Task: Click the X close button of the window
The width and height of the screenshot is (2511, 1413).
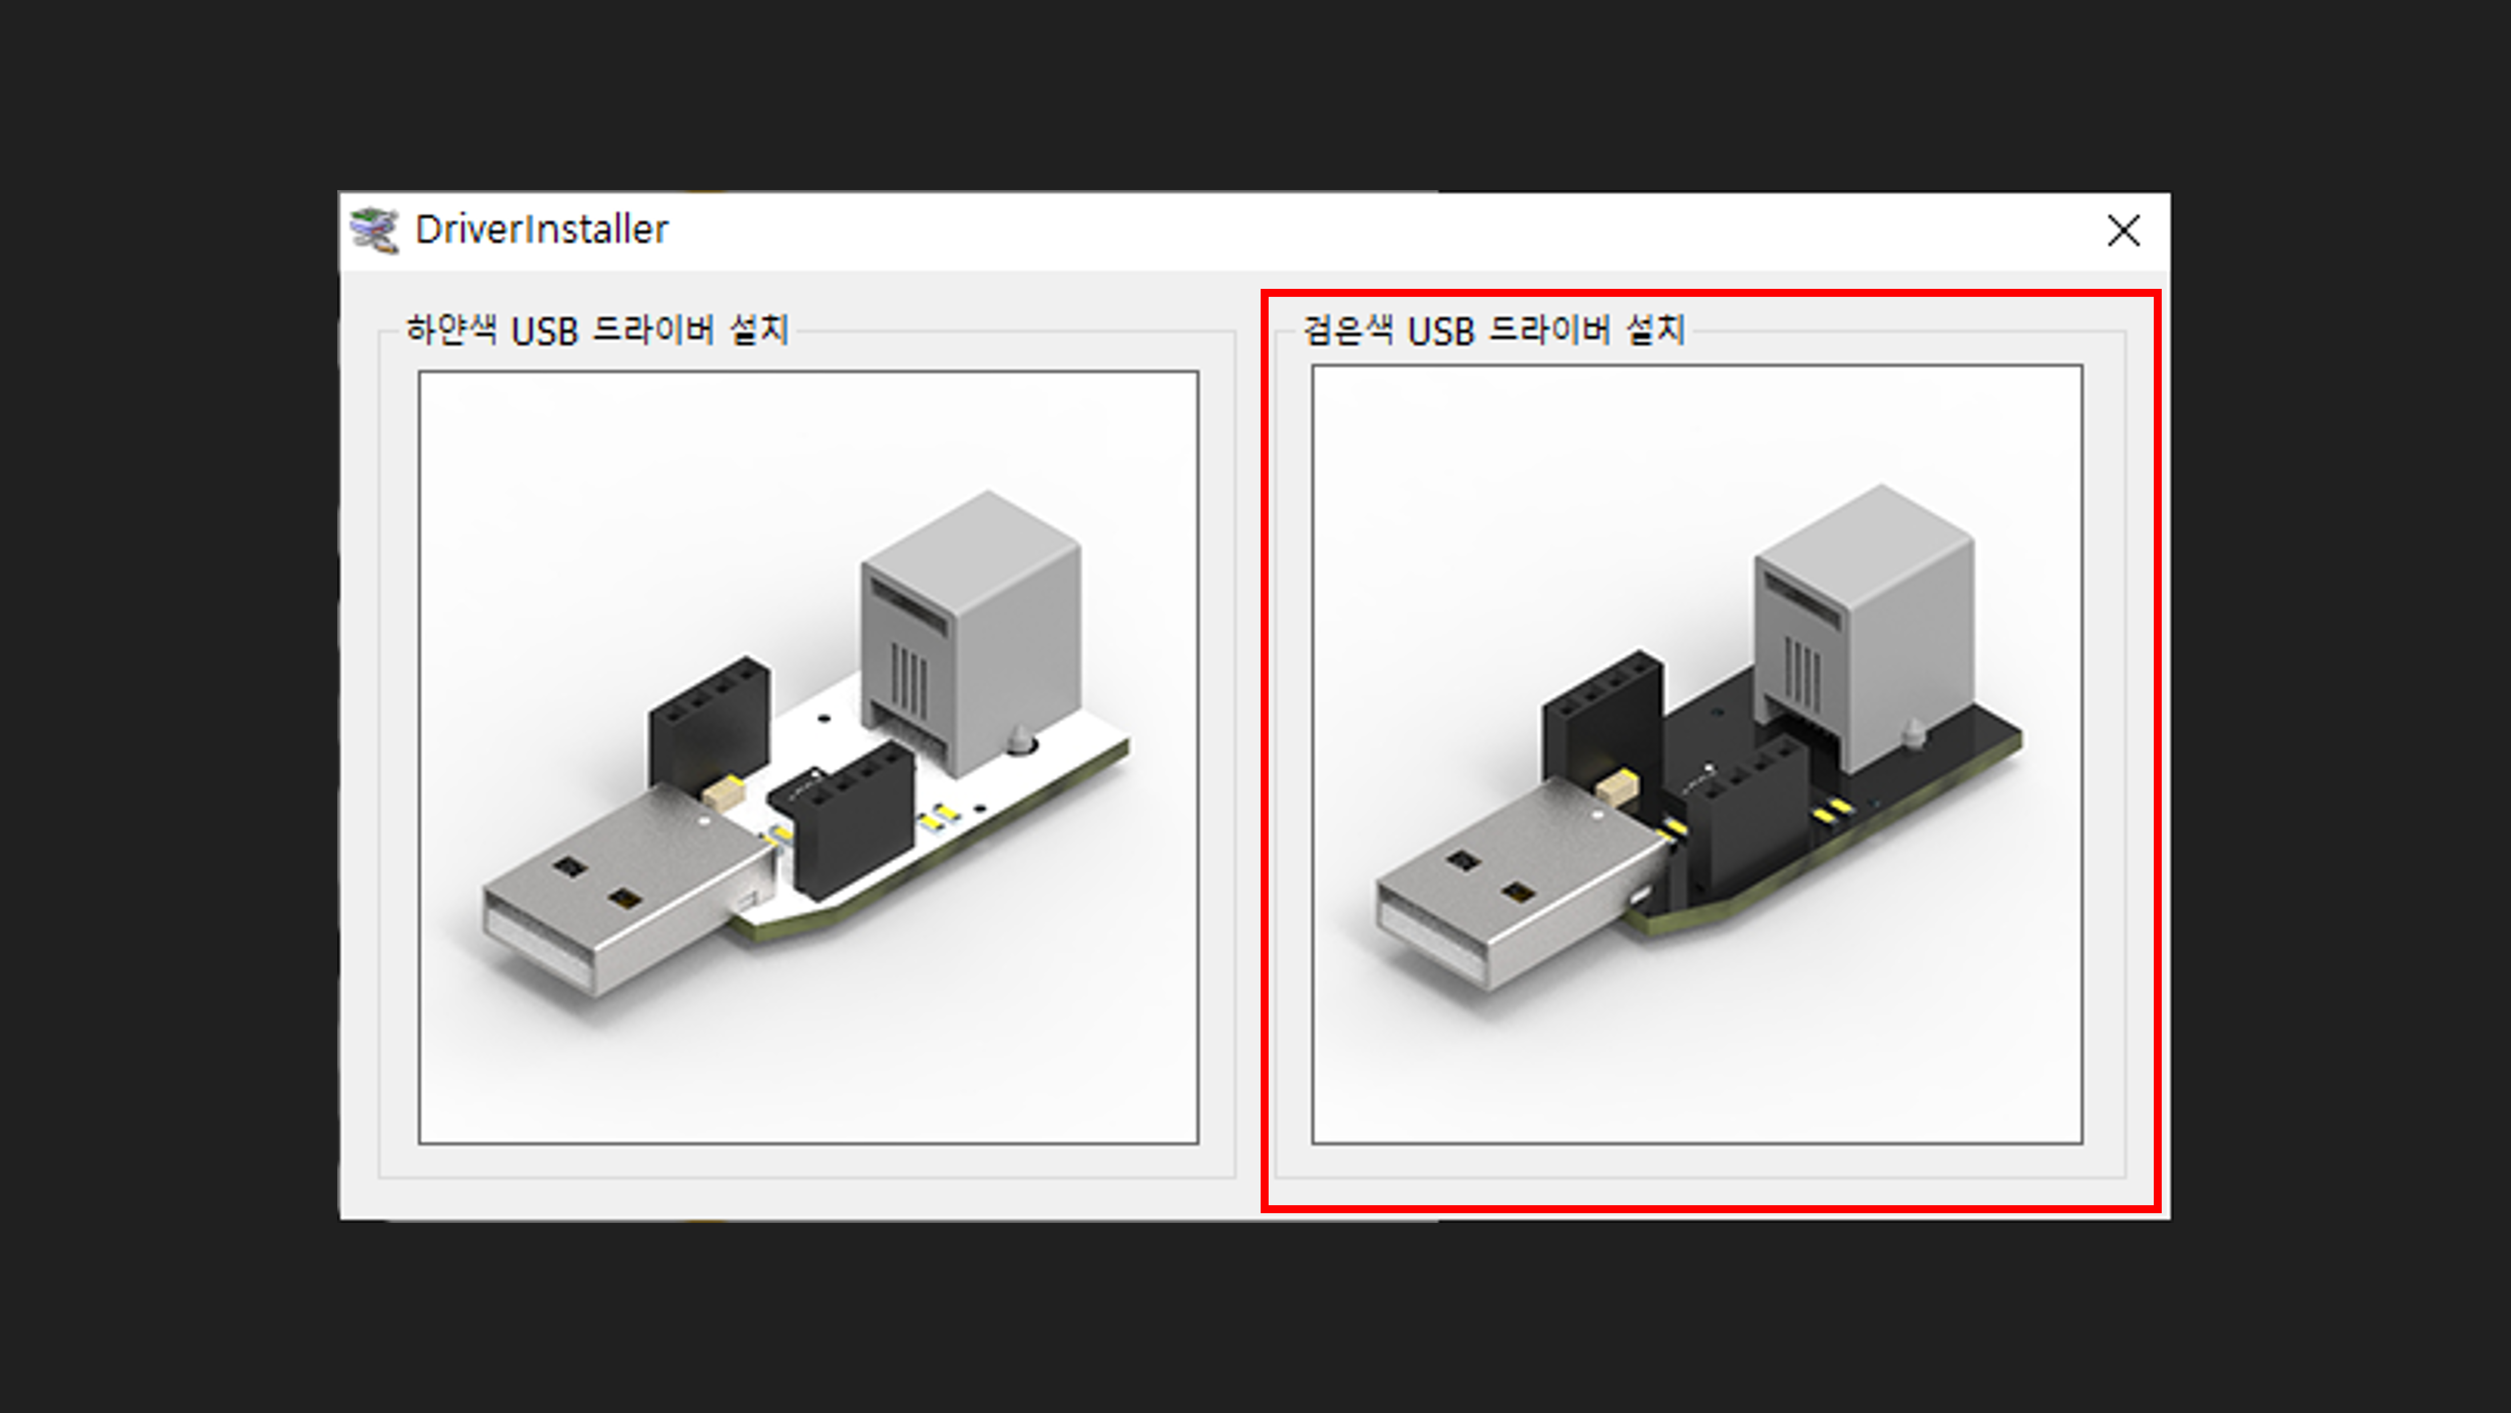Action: pos(2123,231)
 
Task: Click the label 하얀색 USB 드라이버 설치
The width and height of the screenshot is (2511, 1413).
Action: pos(596,331)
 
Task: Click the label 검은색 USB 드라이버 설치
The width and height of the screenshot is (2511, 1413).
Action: pos(1493,331)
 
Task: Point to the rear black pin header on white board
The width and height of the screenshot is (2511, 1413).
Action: pos(709,722)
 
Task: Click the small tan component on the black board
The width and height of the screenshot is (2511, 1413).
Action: pos(1617,787)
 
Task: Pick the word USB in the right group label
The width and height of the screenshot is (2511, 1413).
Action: pos(1441,332)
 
